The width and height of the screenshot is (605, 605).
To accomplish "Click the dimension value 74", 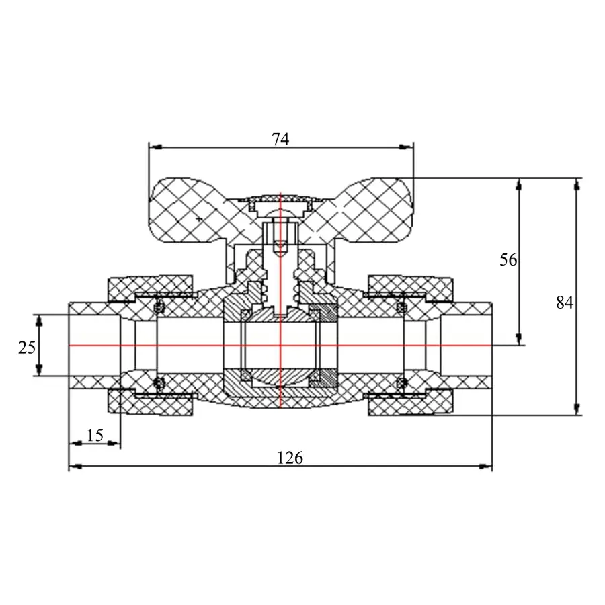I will coord(280,139).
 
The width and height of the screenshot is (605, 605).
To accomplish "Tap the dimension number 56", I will coord(509,259).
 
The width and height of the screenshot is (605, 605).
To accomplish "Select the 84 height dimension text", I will coord(565,302).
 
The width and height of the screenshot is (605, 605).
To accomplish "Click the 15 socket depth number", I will coord(95,435).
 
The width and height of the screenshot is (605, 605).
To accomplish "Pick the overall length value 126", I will coord(290,458).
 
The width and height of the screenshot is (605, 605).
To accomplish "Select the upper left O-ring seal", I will coord(160,307).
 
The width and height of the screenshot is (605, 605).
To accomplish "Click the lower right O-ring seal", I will coord(401,383).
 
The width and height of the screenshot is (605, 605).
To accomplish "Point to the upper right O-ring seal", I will coord(401,307).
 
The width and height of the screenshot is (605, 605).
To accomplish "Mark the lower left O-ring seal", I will coord(160,383).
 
